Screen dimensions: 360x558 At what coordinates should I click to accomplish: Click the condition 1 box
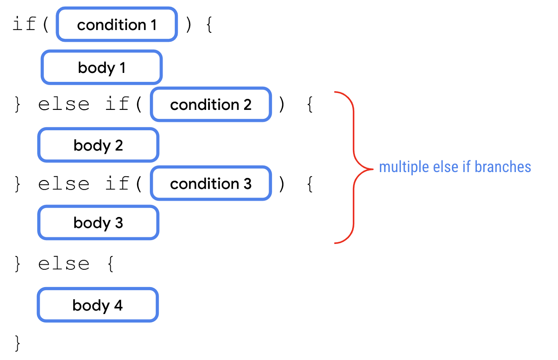[x=117, y=25]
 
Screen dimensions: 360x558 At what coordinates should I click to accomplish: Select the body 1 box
[x=101, y=68]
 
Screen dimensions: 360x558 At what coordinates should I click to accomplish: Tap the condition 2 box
[x=211, y=105]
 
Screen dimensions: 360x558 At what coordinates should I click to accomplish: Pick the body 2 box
[x=98, y=145]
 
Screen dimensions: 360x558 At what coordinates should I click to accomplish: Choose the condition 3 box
[x=211, y=183]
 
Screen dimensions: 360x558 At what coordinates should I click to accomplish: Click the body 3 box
[x=98, y=223]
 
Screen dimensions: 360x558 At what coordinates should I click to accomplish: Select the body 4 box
[x=98, y=305]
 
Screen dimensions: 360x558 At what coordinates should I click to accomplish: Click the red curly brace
[x=354, y=168]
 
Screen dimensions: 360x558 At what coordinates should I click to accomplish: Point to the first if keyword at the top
[x=24, y=24]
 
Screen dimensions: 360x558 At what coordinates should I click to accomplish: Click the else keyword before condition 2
[x=64, y=105]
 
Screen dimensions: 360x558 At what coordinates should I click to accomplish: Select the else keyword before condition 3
[x=64, y=184]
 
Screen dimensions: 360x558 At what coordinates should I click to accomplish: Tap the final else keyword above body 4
[x=64, y=264]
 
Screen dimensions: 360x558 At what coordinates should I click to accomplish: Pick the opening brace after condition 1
[x=209, y=25]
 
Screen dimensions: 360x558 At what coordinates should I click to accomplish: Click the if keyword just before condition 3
[x=117, y=183]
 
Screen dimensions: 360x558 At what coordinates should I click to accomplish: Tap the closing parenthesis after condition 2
[x=281, y=105]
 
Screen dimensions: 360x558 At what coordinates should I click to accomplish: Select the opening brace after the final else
[x=111, y=264]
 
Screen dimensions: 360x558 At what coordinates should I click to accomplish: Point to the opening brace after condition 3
[x=310, y=184]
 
